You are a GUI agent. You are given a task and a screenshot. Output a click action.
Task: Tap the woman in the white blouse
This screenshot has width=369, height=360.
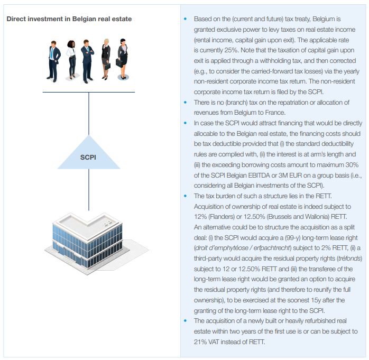point(71,60)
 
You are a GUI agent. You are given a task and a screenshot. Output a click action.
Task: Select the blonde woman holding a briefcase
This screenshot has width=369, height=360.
point(106,59)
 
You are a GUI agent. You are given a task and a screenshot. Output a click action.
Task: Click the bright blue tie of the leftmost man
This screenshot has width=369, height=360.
point(52,54)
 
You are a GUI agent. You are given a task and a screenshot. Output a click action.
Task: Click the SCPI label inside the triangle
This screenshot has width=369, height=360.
point(88,158)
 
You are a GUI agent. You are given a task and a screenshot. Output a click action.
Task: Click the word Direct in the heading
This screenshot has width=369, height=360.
point(19,19)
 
